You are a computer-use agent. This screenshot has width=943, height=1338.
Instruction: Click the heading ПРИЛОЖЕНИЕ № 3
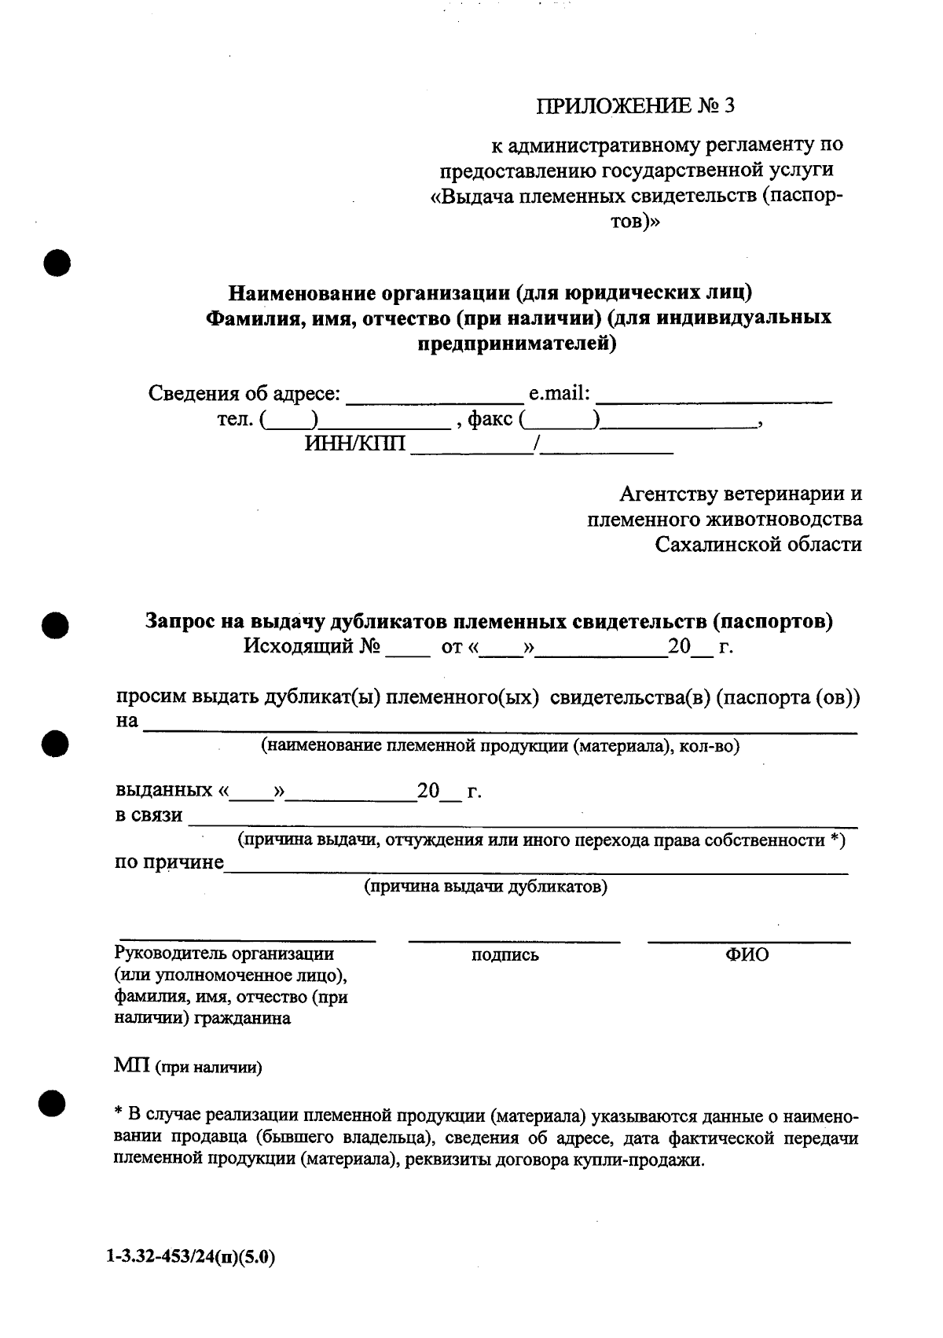635,106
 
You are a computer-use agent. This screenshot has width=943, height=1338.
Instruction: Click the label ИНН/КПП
355,445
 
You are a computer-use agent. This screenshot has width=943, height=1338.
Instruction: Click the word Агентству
668,494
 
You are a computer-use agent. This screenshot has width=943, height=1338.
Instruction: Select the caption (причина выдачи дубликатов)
485,887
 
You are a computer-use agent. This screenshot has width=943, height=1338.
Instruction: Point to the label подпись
505,955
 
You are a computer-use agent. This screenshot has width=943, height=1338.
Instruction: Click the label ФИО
747,954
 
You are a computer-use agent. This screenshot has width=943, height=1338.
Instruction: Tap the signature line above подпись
514,939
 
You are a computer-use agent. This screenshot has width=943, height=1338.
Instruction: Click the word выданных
163,790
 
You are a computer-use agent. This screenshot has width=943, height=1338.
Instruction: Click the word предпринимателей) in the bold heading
516,343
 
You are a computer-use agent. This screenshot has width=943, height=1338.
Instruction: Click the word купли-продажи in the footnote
640,1160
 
